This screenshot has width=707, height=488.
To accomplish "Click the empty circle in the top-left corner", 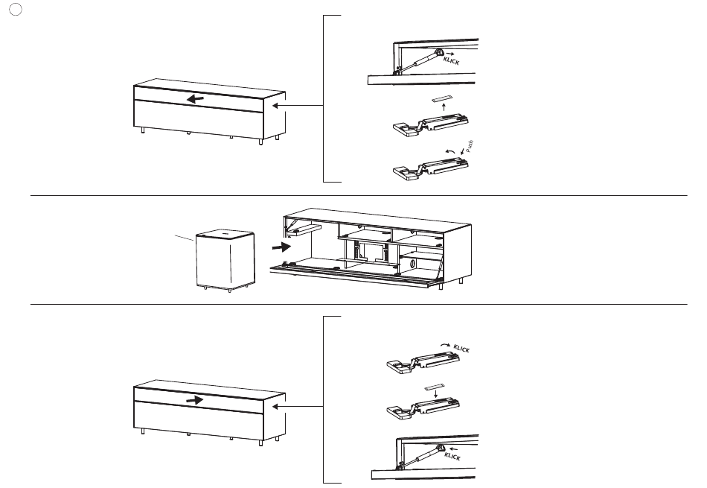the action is pos(16,10).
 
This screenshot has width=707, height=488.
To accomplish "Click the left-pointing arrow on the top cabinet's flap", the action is pos(195,99).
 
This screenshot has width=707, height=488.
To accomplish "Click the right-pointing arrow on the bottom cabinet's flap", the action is pos(194,400).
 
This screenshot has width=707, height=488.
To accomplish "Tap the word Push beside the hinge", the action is pos(470,146).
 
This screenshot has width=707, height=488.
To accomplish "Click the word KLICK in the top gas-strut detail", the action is pos(451,61).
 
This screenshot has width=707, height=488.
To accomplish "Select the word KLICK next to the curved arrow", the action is pos(461,349).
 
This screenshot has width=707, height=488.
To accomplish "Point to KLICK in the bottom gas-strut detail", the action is pos(452,457).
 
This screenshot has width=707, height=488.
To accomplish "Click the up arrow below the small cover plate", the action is pos(444,107).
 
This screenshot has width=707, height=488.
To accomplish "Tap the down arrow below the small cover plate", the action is pos(435,394).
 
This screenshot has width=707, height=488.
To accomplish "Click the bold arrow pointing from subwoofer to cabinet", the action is pos(281,247).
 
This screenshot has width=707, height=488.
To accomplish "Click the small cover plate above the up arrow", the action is pos(442,99).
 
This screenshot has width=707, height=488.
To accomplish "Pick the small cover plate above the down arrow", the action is pos(435,387).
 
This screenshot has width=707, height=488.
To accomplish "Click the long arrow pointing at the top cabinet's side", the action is pos(298,106).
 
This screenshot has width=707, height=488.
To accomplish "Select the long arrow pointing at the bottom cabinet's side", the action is pos(298,406).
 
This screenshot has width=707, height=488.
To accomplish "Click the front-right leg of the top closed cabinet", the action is pos(260,142).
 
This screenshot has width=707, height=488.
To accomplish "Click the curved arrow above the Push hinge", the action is pos(450,152).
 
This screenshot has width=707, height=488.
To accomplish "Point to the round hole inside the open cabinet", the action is pos(412,264).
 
